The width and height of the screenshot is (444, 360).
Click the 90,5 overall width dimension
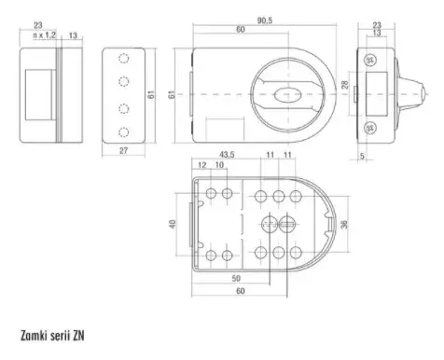coord(265,21)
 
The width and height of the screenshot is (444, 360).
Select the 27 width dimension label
coord(124,151)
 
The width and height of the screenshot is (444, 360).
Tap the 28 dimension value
coord(345,85)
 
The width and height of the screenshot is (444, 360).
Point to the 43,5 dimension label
coord(227,155)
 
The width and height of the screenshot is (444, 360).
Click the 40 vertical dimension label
coord(173,224)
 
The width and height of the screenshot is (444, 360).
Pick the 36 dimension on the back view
coord(344,224)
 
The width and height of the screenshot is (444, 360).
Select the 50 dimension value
coord(236,278)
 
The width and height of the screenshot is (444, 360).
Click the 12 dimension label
coord(202,165)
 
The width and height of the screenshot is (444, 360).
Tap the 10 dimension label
coord(219,165)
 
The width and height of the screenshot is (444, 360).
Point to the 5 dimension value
coord(362,156)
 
